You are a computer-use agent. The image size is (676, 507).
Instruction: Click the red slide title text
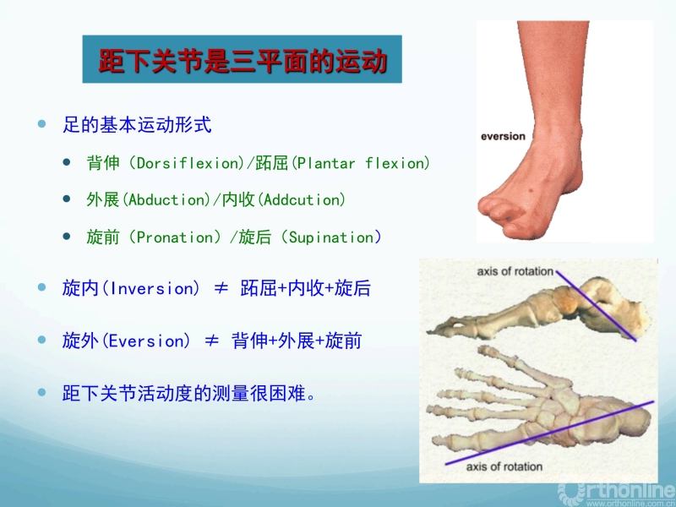[243, 60]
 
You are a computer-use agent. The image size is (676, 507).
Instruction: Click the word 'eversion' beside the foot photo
[503, 136]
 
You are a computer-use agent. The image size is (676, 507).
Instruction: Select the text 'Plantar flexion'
[361, 163]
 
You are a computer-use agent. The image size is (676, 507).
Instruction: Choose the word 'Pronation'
[175, 237]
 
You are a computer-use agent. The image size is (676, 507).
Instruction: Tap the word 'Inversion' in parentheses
[150, 288]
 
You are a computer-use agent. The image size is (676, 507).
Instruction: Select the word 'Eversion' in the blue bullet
[146, 341]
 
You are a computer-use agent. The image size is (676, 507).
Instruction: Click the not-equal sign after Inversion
[221, 288]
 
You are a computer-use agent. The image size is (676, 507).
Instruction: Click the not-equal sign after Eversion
[211, 341]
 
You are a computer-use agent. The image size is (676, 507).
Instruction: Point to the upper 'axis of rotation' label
[515, 271]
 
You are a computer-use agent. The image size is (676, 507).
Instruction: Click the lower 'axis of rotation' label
[504, 466]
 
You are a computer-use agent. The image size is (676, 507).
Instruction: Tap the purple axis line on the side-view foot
[597, 306]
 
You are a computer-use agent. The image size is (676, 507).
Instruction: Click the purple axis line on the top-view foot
[549, 433]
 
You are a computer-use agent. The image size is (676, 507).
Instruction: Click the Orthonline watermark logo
[617, 494]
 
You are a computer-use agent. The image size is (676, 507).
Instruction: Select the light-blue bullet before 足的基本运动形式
[41, 124]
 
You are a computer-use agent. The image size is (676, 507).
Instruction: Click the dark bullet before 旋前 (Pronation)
[67, 237]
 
